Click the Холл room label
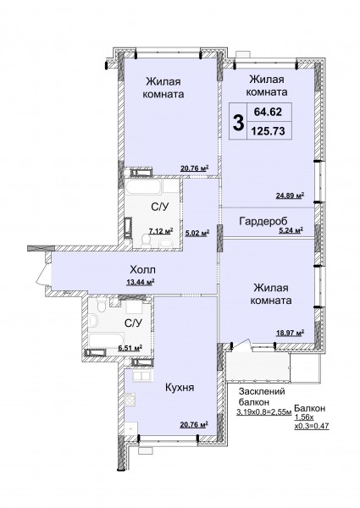coord(142,269)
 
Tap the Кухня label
coord(180,388)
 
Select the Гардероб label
coord(263,222)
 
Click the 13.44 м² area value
coord(140,282)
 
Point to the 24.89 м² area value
coord(290,196)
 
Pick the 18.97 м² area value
coord(290,333)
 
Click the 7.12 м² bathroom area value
coord(161,231)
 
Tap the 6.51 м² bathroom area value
coord(130,348)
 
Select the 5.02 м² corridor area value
coord(197,233)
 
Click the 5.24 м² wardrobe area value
coord(291,230)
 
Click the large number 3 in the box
coord(238,123)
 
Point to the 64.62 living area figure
coord(268,112)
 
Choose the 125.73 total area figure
coord(269,131)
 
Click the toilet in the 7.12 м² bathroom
coord(147,240)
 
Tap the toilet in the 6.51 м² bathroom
coord(101,305)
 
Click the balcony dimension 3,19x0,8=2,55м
coord(264,412)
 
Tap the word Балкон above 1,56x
coord(310,408)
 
